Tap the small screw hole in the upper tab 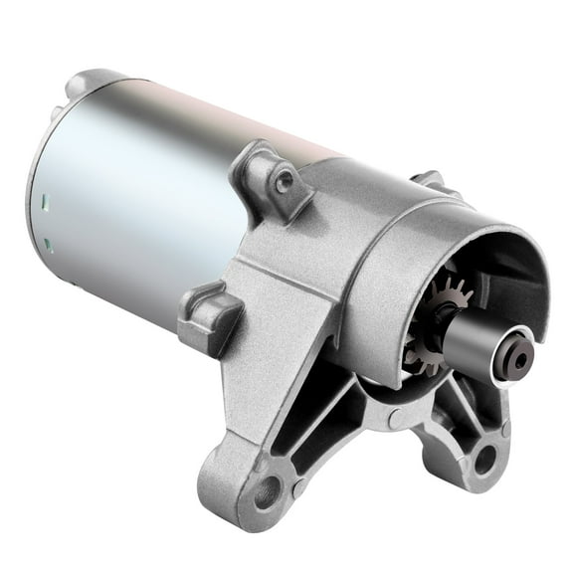click(286, 179)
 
